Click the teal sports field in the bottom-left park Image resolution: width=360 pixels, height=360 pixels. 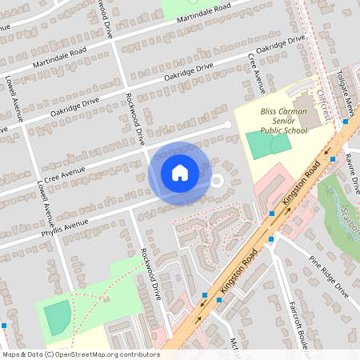coord(58,318)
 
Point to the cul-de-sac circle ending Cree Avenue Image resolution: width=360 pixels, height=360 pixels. coord(227,125)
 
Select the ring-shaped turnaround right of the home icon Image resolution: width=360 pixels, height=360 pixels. coord(215,180)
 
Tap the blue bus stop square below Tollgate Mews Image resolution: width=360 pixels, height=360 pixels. coord(346,122)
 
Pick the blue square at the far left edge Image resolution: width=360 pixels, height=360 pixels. coord(3,326)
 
